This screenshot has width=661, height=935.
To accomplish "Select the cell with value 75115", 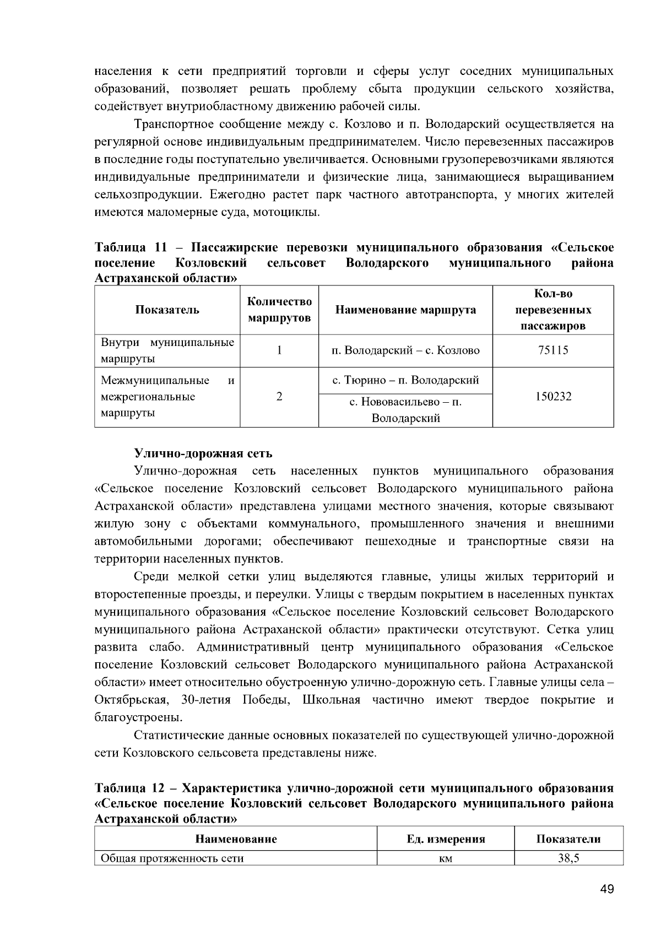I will [x=552, y=350].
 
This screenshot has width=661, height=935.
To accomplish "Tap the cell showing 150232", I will [x=552, y=396].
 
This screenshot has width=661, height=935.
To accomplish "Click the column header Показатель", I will [x=167, y=310].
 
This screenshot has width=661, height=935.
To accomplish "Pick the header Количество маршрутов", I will [x=279, y=310].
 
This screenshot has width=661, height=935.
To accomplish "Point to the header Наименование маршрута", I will [x=405, y=310].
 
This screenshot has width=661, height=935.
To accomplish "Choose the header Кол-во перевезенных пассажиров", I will [x=552, y=310].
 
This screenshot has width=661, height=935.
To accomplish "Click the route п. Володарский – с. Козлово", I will [x=405, y=350].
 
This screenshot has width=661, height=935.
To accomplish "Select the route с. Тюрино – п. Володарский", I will [x=405, y=380].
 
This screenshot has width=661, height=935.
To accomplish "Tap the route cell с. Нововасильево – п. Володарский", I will [x=405, y=410].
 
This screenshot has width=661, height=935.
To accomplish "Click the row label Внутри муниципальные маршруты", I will [x=167, y=350].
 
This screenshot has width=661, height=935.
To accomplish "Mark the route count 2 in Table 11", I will [x=279, y=396].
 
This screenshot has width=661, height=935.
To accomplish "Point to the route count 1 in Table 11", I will [x=279, y=350].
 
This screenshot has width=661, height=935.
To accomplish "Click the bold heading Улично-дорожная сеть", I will [x=203, y=453].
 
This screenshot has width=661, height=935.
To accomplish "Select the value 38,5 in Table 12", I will [x=568, y=858].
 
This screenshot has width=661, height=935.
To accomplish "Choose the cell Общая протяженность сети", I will [x=172, y=858].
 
